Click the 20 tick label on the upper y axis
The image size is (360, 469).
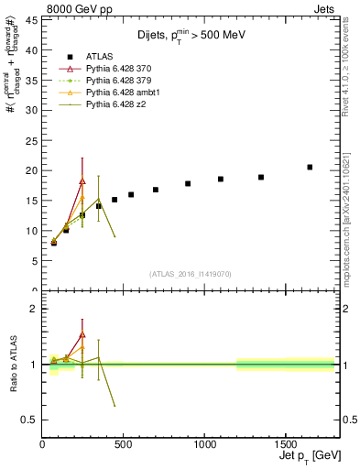(x=30, y=170)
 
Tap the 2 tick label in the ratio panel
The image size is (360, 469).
(x=33, y=309)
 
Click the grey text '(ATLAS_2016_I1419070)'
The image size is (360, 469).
(x=190, y=273)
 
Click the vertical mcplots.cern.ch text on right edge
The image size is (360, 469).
(x=352, y=229)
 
